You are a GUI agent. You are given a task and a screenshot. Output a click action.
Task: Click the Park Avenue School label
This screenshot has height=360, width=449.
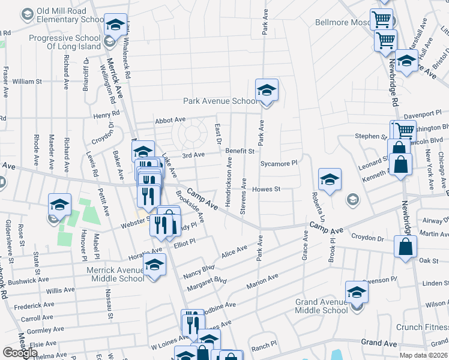(x=220, y=101)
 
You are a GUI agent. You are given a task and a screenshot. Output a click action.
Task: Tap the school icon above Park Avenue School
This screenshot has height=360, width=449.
(x=267, y=91)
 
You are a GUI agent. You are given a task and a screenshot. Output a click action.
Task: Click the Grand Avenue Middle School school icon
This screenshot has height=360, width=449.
(x=357, y=293)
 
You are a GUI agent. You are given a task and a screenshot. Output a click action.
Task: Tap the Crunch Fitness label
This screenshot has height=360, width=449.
(x=422, y=327)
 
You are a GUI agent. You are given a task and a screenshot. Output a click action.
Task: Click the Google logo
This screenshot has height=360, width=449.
(x=20, y=352)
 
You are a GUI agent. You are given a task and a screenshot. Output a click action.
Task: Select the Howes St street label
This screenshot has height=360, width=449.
(x=267, y=189)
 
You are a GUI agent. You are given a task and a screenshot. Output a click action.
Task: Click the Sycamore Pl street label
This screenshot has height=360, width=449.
(x=279, y=163)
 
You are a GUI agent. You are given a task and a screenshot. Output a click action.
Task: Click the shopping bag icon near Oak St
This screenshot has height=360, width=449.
(x=406, y=247)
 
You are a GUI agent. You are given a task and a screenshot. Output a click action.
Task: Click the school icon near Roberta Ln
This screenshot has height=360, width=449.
(x=330, y=179)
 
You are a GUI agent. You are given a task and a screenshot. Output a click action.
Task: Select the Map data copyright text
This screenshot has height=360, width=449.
(x=424, y=355)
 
